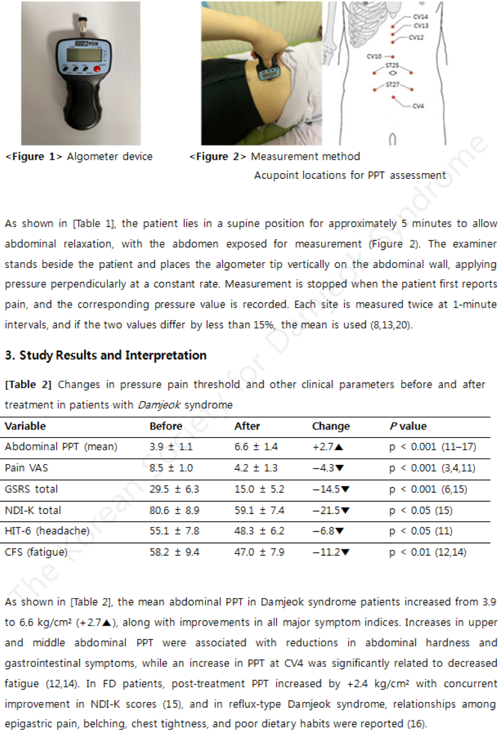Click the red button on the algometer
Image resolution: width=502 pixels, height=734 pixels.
click(97, 69)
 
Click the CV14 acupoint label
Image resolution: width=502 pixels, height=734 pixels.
click(421, 16)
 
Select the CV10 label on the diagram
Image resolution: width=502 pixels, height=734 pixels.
click(374, 56)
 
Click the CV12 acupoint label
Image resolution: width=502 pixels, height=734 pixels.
click(416, 38)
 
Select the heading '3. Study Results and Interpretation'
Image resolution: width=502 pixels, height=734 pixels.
click(105, 355)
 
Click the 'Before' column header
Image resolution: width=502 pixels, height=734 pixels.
click(165, 426)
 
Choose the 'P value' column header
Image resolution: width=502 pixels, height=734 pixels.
click(408, 426)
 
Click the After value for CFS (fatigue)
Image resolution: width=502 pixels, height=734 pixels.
click(259, 552)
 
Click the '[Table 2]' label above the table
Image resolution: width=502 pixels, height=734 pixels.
click(28, 385)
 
